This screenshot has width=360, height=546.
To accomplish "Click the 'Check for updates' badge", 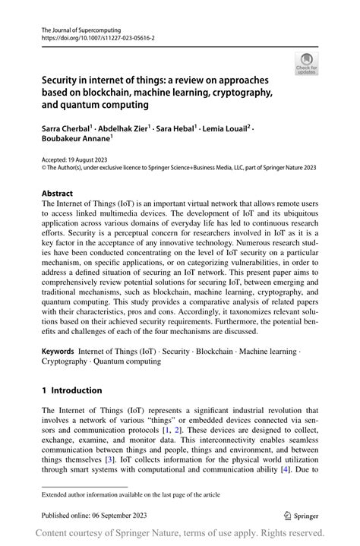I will (306, 65).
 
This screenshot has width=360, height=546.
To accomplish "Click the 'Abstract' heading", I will (58, 193).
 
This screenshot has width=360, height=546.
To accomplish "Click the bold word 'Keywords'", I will (58, 351).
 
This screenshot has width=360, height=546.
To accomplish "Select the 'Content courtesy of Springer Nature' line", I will (180, 533).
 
